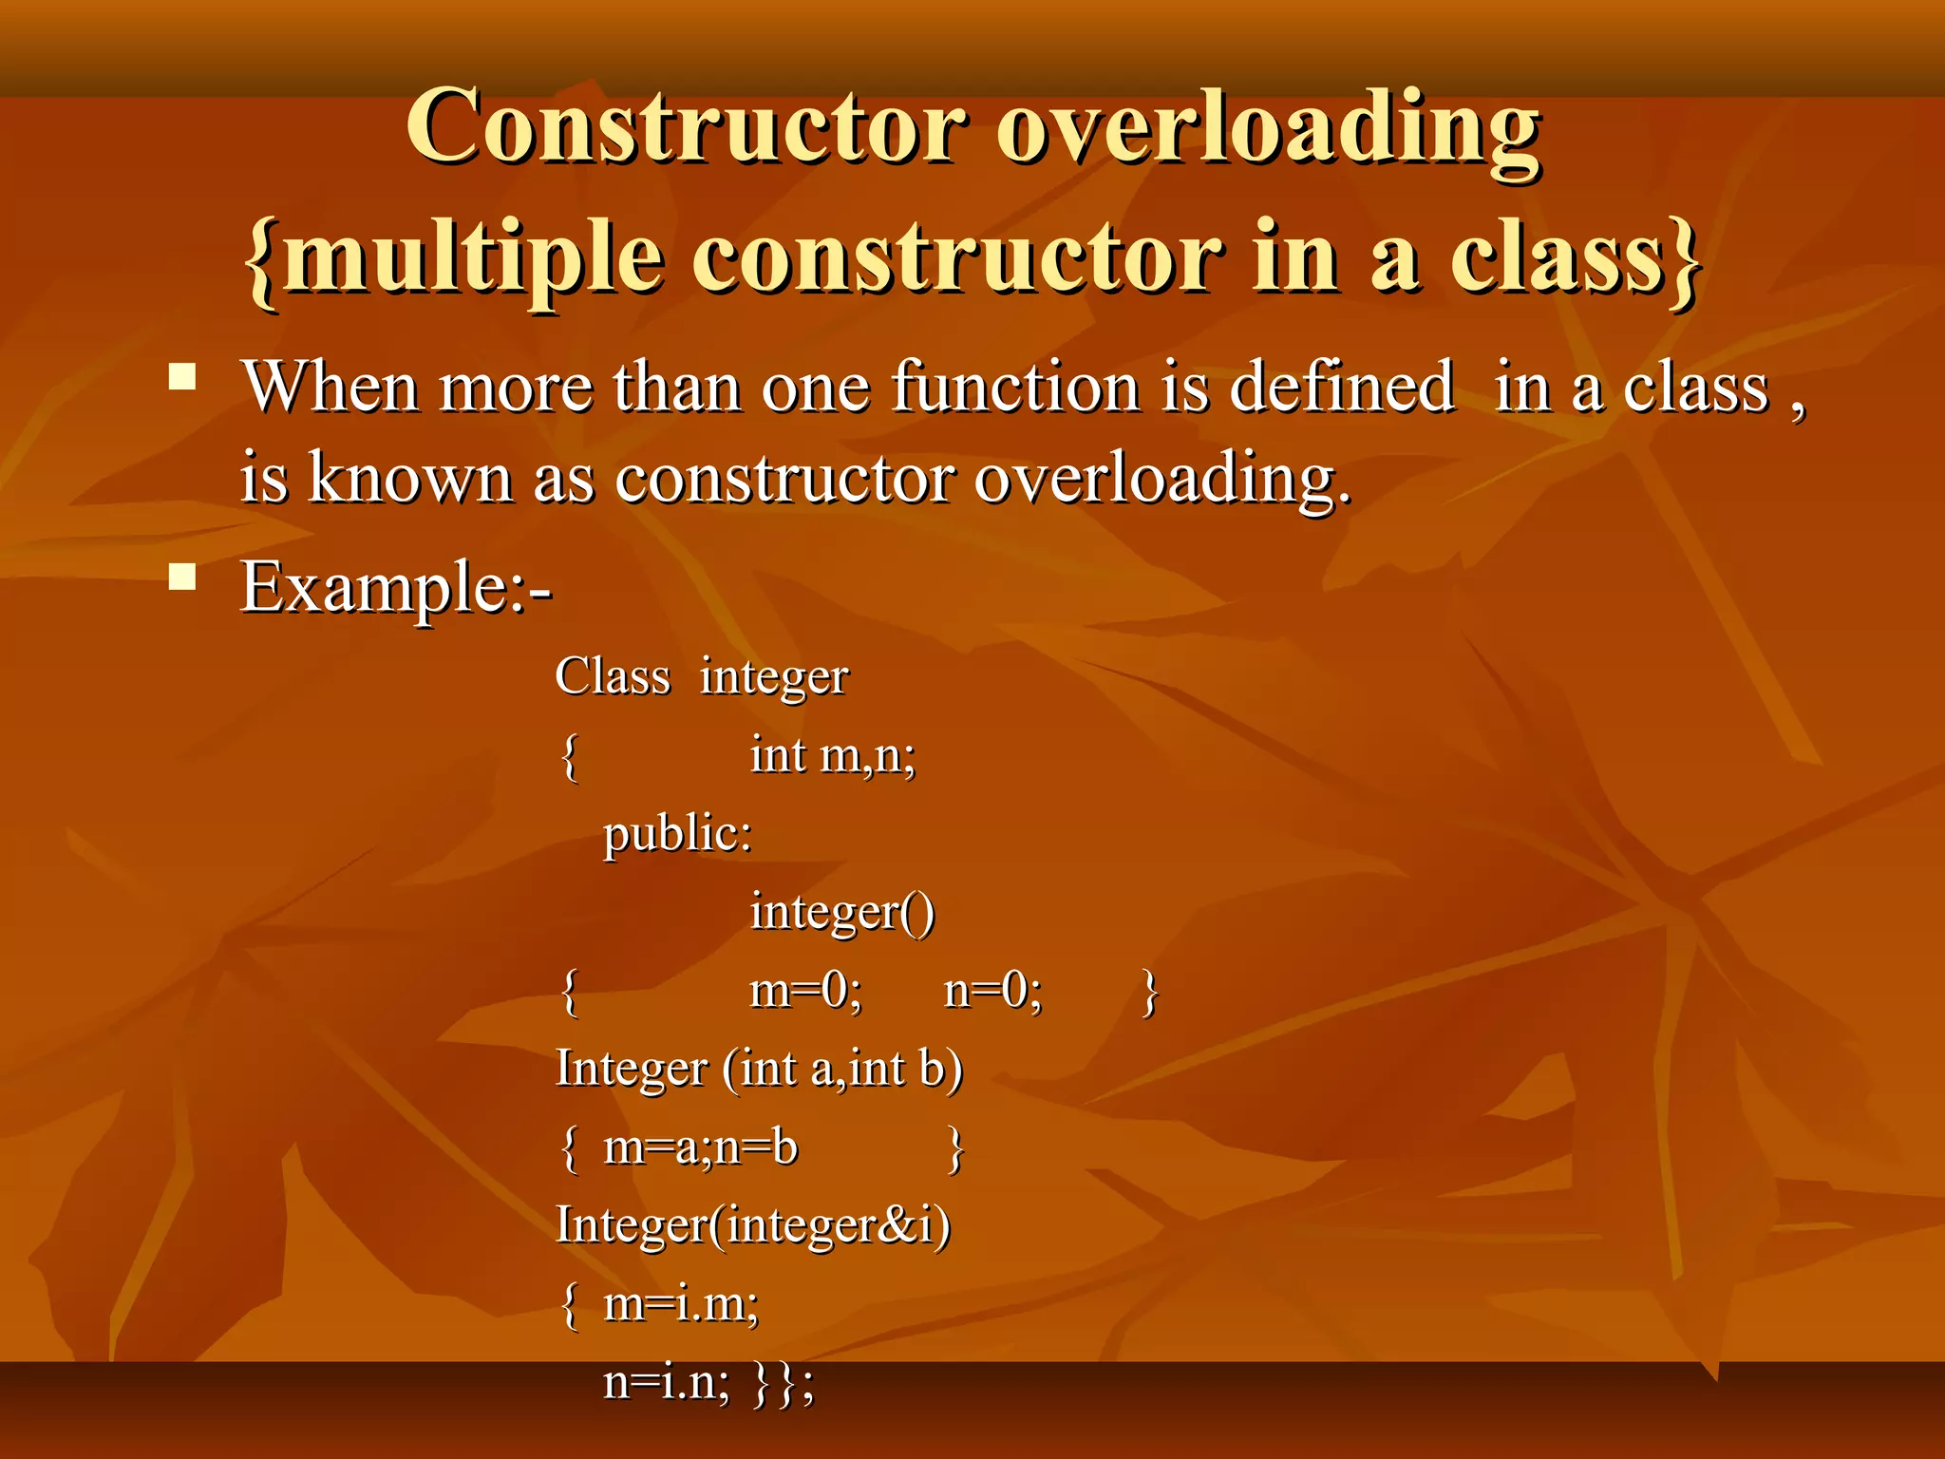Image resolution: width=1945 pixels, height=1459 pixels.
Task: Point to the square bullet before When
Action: point(182,378)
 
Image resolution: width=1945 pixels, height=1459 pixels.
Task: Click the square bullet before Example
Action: point(182,577)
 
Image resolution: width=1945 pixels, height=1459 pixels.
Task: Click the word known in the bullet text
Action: point(410,478)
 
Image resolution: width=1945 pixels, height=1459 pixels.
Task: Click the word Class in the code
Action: point(613,677)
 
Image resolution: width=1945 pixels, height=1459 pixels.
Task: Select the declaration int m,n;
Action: point(832,756)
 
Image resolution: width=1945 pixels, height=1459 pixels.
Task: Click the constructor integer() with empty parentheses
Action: point(841,913)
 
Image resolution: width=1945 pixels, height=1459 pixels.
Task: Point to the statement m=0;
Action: point(805,991)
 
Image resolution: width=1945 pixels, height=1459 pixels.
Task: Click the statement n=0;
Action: point(992,991)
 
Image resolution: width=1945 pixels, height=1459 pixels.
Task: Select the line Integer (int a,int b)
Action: point(759,1069)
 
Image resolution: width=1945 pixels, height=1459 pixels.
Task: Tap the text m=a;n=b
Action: point(700,1147)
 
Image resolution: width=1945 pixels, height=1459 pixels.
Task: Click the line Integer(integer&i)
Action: point(752,1225)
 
